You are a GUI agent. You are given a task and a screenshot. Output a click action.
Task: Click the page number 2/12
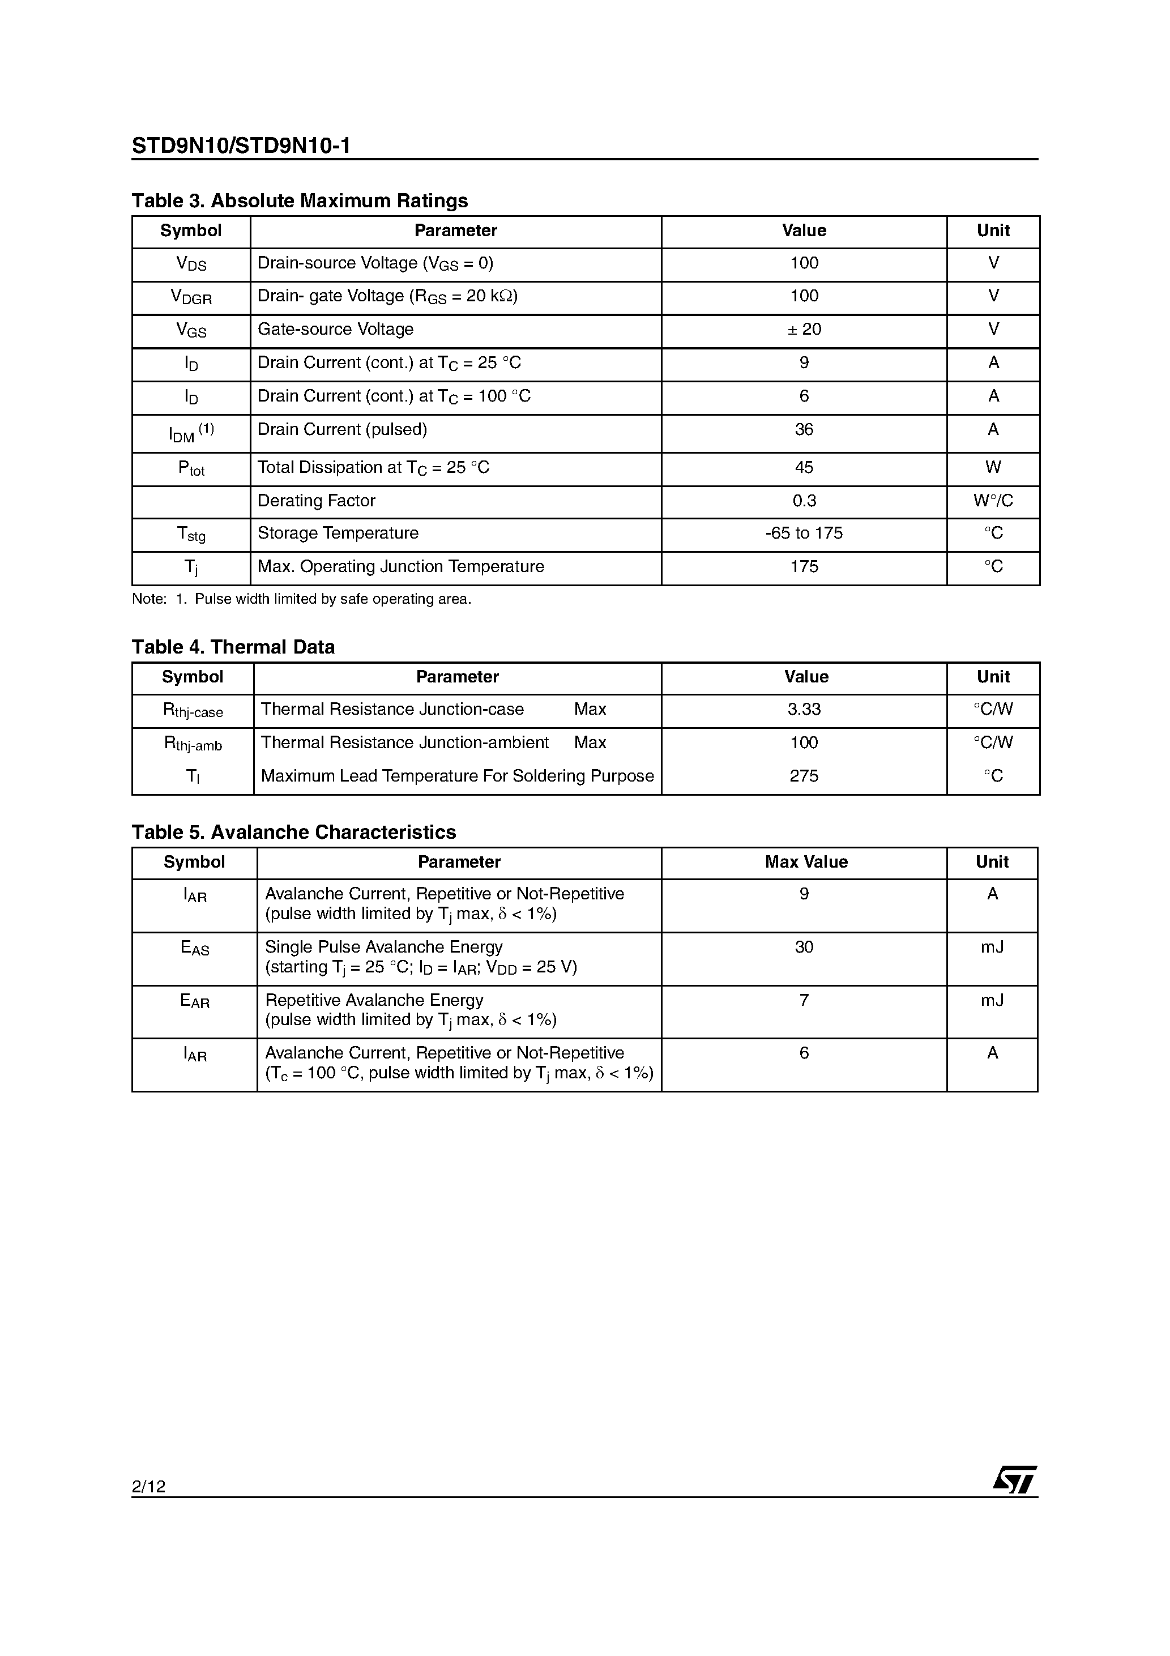pyautogui.click(x=148, y=1486)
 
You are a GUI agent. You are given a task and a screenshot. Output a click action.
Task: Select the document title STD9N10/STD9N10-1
pyautogui.click(x=241, y=147)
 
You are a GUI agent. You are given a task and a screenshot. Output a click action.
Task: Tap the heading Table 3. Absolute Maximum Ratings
pyautogui.click(x=300, y=200)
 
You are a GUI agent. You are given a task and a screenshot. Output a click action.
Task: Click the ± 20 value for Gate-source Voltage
pyautogui.click(x=804, y=330)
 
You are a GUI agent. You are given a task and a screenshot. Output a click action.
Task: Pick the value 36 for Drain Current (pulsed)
pyautogui.click(x=804, y=430)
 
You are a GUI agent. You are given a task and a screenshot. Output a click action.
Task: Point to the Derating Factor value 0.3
pyautogui.click(x=804, y=501)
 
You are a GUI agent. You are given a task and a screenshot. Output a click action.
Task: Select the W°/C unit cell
pyautogui.click(x=993, y=501)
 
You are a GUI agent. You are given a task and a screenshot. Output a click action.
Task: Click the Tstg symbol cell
pyautogui.click(x=191, y=535)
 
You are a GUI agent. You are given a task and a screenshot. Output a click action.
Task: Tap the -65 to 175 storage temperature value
pyautogui.click(x=804, y=533)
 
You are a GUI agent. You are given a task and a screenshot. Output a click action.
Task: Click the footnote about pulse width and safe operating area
pyautogui.click(x=301, y=599)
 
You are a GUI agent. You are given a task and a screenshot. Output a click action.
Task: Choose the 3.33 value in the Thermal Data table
pyautogui.click(x=804, y=710)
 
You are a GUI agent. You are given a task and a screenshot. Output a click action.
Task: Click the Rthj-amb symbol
pyautogui.click(x=193, y=744)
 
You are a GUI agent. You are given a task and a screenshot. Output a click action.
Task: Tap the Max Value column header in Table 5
pyautogui.click(x=806, y=862)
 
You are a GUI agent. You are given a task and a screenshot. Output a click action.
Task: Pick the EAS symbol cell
pyautogui.click(x=194, y=949)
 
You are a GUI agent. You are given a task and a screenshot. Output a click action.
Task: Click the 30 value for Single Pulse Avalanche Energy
pyautogui.click(x=804, y=947)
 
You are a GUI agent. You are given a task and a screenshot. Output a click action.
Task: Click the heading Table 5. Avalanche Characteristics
pyautogui.click(x=293, y=833)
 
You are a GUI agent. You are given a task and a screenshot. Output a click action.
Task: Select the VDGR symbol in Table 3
pyautogui.click(x=191, y=297)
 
